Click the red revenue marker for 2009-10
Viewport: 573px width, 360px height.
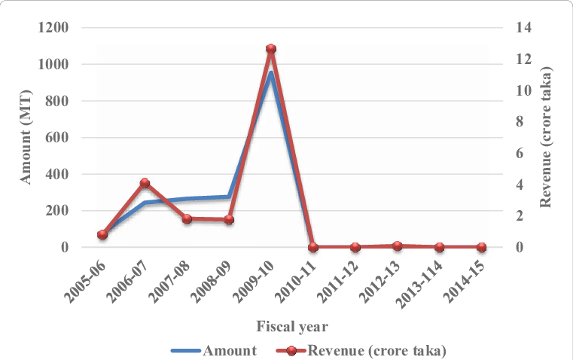(x=271, y=49)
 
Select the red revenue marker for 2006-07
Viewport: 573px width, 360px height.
(x=145, y=182)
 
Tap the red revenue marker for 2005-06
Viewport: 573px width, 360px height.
(x=102, y=234)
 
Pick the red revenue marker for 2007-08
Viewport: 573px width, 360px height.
(x=187, y=218)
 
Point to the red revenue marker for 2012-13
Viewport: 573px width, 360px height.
(x=398, y=246)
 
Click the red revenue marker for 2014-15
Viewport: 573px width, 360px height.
(x=482, y=246)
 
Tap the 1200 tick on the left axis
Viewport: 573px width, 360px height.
(x=53, y=28)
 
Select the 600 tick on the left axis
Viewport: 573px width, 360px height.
(x=59, y=138)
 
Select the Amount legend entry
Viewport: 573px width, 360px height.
(x=215, y=349)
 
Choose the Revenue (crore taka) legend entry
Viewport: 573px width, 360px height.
(x=361, y=349)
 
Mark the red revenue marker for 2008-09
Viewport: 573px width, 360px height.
(x=229, y=219)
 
